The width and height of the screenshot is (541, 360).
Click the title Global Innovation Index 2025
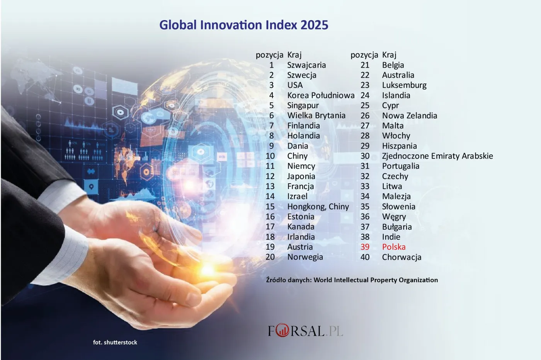coord(244,25)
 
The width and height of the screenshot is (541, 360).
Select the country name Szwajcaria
coord(306,65)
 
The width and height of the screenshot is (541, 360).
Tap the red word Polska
coord(394,247)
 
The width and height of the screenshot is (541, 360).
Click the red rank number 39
coord(365,247)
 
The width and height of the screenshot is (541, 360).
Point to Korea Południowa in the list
coord(321,95)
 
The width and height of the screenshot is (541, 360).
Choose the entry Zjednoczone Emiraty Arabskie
coord(437,156)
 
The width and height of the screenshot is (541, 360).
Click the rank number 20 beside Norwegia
coord(270,257)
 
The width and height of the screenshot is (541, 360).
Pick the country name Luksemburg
coord(404,85)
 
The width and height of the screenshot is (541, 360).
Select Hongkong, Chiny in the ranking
coord(318,206)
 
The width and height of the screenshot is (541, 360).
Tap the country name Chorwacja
coord(401,257)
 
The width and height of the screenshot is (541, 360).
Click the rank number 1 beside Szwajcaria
coord(271,65)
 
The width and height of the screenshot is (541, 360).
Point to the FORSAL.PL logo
coord(305,331)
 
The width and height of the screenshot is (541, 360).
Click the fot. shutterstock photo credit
coord(115,342)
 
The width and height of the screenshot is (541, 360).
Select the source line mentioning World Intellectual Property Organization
coord(352,280)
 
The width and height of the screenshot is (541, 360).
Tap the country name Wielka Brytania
coord(316,115)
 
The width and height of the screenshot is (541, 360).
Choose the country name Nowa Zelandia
coord(410,116)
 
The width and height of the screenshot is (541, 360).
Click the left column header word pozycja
coord(269,55)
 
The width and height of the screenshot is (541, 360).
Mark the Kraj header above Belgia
coord(389,55)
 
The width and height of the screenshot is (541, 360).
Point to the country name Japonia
coord(301,176)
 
